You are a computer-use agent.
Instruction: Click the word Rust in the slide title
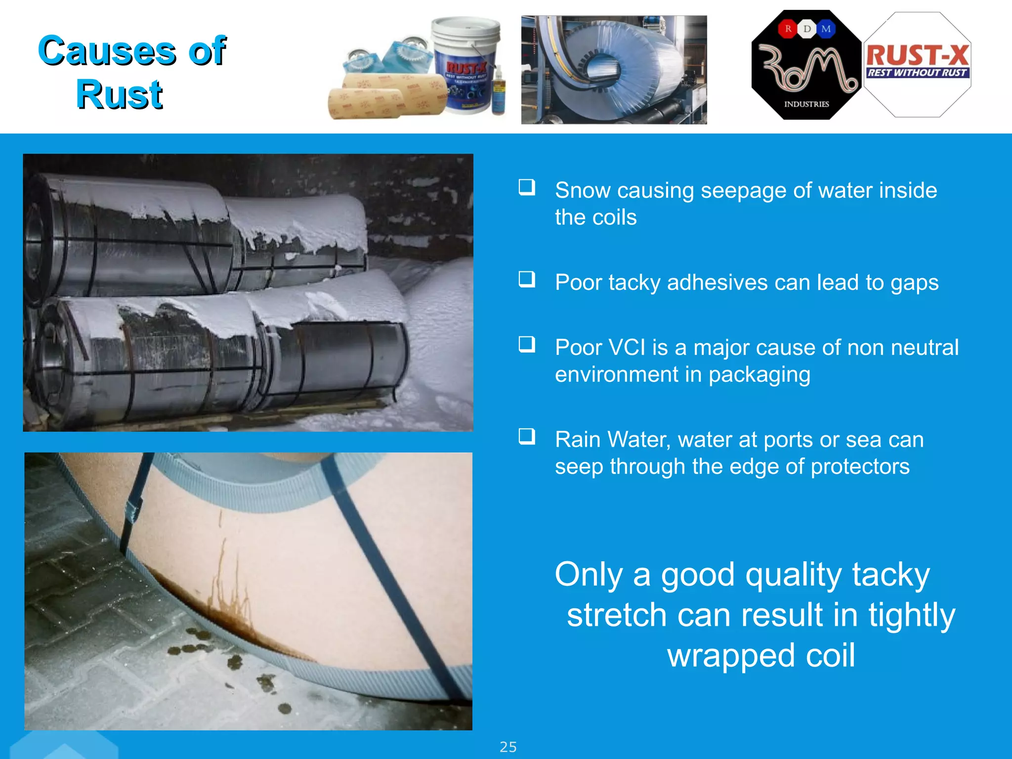tap(119, 94)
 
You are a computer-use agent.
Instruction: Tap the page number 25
tap(508, 747)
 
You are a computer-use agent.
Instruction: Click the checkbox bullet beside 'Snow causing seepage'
tap(527, 187)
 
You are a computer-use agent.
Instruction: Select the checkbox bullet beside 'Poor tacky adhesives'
tap(527, 279)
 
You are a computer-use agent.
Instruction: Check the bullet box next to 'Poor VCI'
tap(527, 344)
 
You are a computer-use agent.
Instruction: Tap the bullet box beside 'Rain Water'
tap(527, 436)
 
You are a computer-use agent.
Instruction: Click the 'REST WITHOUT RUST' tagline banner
tap(917, 73)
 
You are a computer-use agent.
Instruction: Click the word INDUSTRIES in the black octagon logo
tap(806, 104)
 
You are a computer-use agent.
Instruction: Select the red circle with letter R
tap(788, 29)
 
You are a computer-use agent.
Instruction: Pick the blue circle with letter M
tap(826, 29)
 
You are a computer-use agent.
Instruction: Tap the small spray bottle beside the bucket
tap(499, 91)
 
